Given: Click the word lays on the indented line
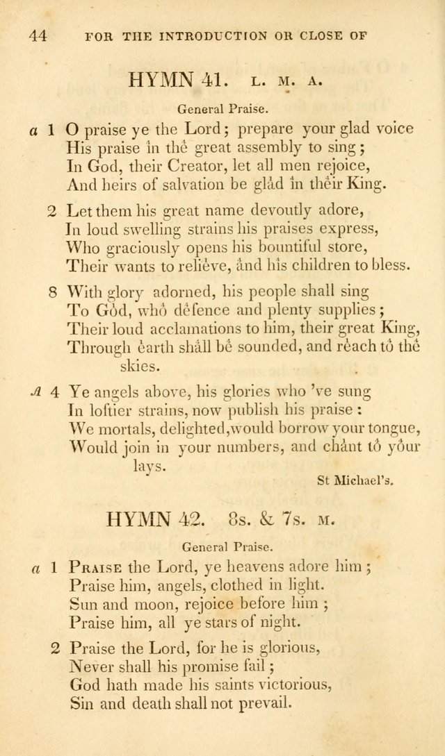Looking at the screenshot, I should (149, 466).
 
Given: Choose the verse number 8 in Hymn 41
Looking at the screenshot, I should (53, 291).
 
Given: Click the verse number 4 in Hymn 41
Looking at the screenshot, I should (53, 392).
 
